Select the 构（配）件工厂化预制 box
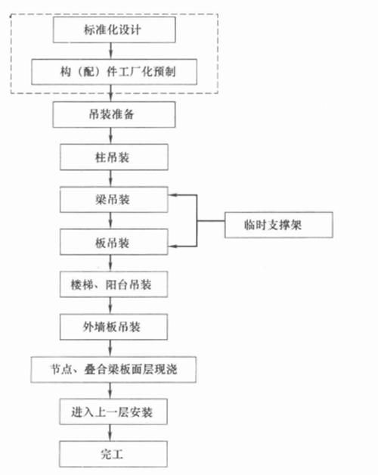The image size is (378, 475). coord(114,73)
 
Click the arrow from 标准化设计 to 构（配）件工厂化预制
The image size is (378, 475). coord(113,51)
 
